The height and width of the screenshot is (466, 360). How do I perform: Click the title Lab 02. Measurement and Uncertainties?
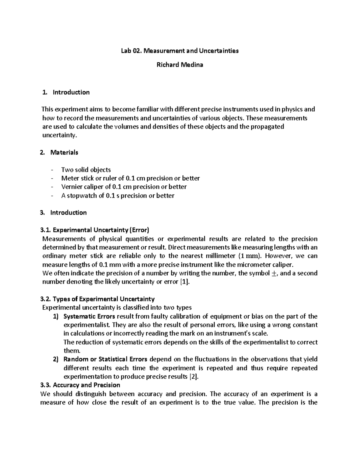tap(180, 51)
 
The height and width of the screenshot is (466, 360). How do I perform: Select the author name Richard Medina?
tap(180, 65)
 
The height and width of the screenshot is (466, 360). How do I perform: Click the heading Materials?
tap(64, 152)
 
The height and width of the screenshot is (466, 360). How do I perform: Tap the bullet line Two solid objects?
tap(86, 170)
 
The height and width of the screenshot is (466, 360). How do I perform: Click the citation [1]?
tap(184, 282)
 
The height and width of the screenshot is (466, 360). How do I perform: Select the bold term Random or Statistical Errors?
tap(105, 359)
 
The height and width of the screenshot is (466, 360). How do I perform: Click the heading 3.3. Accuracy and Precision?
tap(80, 385)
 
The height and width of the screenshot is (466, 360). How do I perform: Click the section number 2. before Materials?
tap(42, 152)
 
